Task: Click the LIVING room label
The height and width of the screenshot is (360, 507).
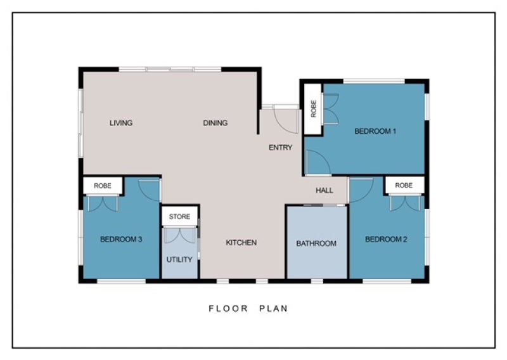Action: [121, 123]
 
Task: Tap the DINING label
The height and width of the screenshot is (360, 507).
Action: [215, 123]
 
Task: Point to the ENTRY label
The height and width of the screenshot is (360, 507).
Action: [281, 148]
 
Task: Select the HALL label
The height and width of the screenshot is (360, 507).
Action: [324, 190]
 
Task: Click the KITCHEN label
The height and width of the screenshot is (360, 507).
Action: [241, 243]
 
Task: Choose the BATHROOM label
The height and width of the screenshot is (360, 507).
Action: [316, 243]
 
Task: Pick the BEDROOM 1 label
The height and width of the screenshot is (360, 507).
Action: [375, 132]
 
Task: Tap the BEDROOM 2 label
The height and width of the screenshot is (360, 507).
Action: [386, 239]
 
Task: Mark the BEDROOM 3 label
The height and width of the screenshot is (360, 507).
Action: [121, 239]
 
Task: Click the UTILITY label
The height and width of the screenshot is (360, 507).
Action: [179, 260]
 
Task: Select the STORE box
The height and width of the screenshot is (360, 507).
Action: [179, 217]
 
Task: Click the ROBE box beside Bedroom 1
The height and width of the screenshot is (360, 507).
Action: [314, 108]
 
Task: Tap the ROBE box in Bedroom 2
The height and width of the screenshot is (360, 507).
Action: [404, 185]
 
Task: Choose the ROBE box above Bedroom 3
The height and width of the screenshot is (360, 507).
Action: [103, 186]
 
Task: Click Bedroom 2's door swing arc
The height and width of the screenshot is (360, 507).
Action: [361, 191]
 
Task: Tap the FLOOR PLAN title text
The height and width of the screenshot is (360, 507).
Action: [248, 309]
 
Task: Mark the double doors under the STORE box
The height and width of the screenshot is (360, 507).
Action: [179, 236]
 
